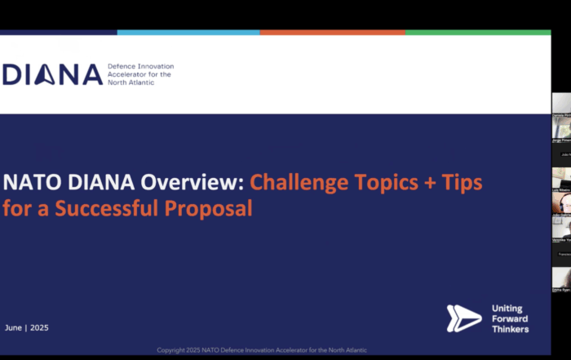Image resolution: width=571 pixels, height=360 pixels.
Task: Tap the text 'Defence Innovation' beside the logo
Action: coord(140,66)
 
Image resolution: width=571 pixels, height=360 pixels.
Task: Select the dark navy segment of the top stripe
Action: coord(58,33)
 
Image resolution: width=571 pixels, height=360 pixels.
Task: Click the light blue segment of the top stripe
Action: coord(188,33)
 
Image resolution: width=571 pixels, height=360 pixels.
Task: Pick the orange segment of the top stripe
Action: coord(333,33)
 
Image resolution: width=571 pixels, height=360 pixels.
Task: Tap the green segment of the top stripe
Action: coord(478,33)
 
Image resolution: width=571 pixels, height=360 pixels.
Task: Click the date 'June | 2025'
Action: coord(27,327)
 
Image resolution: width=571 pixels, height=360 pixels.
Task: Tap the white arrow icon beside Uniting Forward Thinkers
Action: coord(463,318)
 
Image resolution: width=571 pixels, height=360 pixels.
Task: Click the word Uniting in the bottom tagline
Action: coord(507,309)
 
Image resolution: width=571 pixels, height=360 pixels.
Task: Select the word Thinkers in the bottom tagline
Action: coord(510,329)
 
